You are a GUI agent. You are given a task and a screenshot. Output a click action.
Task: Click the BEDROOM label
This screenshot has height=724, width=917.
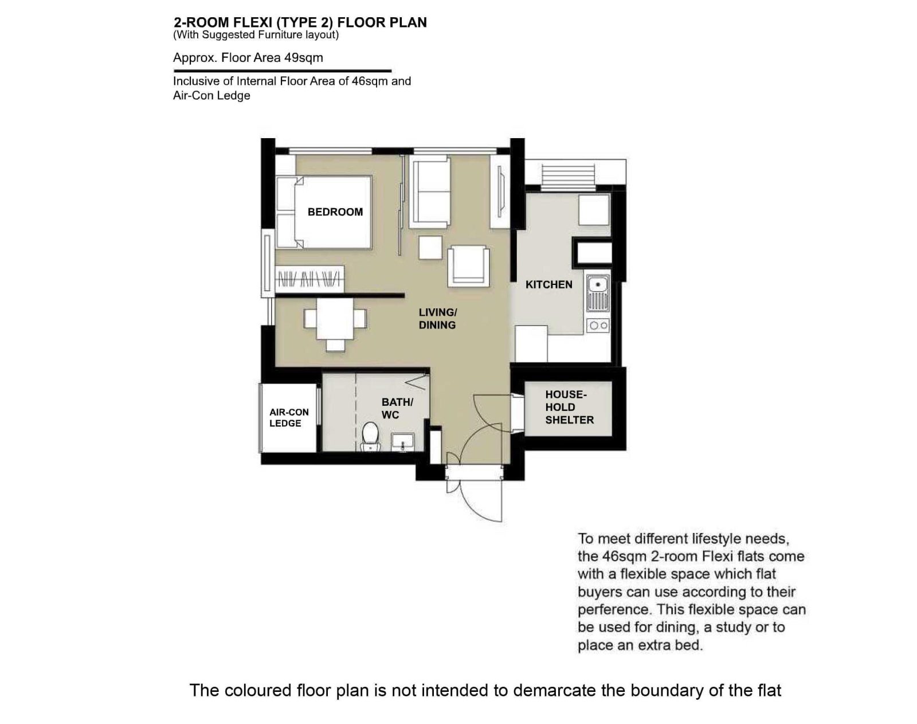click(x=335, y=212)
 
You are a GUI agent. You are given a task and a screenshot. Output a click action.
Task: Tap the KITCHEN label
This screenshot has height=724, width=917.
click(x=549, y=285)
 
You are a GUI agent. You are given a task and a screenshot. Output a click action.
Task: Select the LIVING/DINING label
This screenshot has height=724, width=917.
click(x=438, y=319)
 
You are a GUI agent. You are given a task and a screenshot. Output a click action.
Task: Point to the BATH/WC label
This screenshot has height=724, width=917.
click(x=397, y=408)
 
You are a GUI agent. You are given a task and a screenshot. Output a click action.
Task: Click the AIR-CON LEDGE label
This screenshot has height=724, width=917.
click(x=289, y=418)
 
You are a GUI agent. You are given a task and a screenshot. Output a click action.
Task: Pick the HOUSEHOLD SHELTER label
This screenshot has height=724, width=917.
click(x=569, y=408)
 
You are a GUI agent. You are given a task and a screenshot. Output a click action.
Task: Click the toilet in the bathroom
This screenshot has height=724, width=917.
click(x=370, y=436)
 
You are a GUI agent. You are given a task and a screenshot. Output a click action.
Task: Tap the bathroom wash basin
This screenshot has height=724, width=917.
click(x=402, y=443)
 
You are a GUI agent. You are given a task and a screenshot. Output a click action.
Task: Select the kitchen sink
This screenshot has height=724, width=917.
click(x=598, y=293)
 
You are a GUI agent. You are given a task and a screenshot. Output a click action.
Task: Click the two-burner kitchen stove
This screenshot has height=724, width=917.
click(x=598, y=326)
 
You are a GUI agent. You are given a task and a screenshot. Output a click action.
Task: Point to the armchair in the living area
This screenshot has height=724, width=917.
click(x=468, y=265)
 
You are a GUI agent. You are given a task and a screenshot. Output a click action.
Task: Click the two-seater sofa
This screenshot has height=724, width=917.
click(x=430, y=192)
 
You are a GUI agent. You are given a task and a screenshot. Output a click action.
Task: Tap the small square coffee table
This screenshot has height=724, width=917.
click(x=430, y=248)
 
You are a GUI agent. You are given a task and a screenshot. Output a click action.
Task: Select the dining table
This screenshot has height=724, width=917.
click(x=335, y=318)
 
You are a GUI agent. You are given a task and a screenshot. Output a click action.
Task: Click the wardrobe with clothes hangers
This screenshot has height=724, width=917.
click(x=310, y=279)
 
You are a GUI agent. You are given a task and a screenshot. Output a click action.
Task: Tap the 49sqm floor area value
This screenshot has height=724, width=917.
click(x=303, y=58)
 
